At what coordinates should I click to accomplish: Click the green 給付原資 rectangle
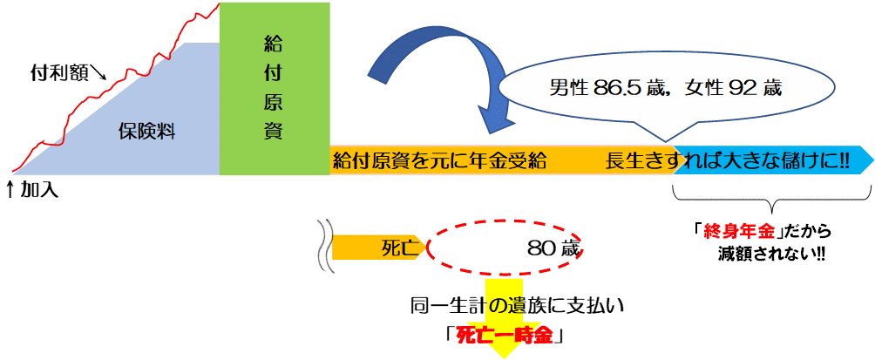274,87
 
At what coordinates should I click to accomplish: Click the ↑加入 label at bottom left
32,188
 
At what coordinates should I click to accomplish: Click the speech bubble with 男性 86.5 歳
662,89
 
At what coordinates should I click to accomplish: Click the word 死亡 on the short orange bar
403,248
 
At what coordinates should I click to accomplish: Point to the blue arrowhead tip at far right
870,160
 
